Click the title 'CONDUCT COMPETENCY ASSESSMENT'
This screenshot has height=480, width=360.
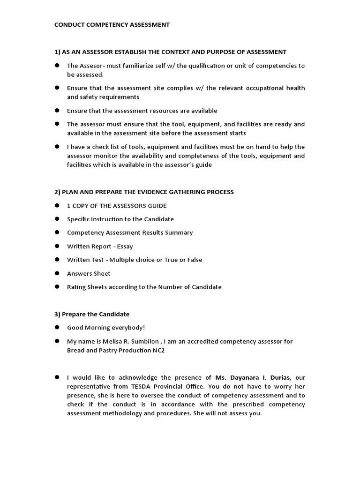pos(112,25)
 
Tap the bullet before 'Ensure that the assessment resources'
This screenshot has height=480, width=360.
pos(57,111)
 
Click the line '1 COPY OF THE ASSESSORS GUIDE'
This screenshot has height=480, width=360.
pos(117,206)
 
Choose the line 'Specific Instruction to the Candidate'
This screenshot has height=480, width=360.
pos(120,219)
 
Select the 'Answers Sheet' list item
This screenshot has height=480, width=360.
pos(89,273)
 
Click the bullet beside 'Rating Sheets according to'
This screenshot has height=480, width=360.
pos(57,287)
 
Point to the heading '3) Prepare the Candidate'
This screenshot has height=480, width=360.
pos(92,314)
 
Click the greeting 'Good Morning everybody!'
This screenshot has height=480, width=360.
pos(106,328)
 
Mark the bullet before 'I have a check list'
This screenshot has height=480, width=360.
pos(57,147)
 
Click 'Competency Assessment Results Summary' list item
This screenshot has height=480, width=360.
pos(129,233)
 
